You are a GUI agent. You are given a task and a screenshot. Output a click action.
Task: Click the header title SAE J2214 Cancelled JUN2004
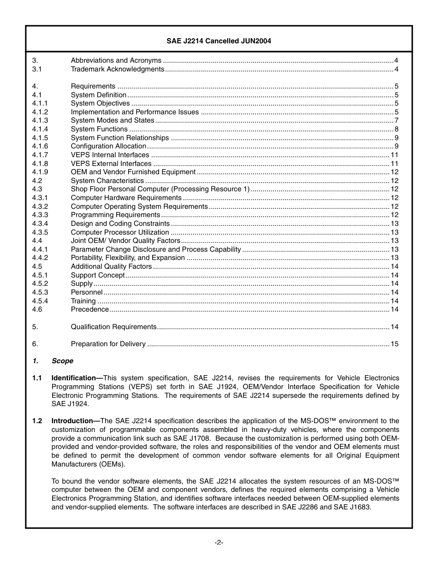[219, 41]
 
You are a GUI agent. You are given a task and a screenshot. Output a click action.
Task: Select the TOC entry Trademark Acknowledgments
[117, 69]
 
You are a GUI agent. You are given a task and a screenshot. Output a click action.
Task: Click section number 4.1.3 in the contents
[40, 120]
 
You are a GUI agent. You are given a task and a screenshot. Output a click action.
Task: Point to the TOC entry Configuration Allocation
[108, 146]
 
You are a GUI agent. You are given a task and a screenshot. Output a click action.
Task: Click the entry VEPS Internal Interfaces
[110, 155]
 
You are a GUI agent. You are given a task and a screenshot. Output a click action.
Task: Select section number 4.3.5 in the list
[40, 232]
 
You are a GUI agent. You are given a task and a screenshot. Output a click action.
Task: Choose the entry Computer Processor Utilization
[120, 232]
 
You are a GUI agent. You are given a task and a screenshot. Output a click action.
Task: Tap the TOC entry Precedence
[90, 309]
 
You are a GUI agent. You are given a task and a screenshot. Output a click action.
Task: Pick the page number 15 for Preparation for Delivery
[395, 344]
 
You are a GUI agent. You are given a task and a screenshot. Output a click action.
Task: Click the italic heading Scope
[62, 361]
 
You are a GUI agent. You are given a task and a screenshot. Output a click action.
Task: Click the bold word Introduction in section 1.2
[72, 421]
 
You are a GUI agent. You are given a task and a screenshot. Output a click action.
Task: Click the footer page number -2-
[219, 543]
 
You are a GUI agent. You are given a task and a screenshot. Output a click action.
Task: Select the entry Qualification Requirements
[113, 327]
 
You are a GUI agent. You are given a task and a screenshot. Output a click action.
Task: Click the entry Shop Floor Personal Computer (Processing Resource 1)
[160, 189]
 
